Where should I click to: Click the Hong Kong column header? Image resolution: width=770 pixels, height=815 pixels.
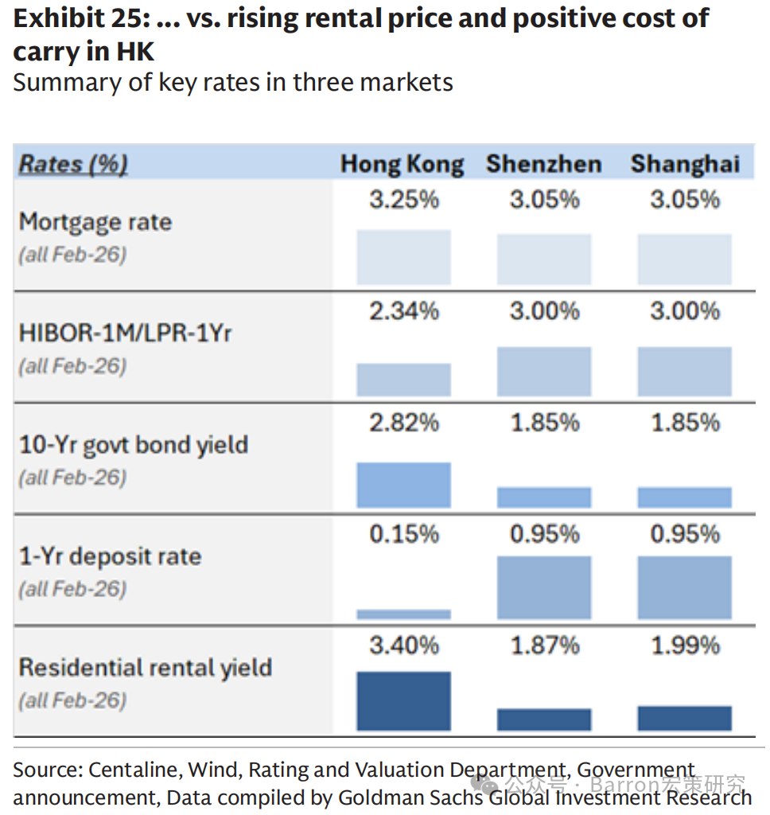pos(402,165)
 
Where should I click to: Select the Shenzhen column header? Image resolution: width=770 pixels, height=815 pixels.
pos(544,164)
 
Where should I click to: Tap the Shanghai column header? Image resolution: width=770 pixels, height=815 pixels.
pos(686,165)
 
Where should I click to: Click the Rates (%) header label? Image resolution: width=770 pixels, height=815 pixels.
pos(73,164)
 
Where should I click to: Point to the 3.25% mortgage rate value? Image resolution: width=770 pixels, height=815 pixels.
pos(404,200)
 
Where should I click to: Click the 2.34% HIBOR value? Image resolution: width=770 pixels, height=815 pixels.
pos(404,311)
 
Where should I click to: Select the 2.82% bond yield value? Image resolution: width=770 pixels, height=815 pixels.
pos(404,423)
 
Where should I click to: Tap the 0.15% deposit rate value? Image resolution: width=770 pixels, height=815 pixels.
pos(404,534)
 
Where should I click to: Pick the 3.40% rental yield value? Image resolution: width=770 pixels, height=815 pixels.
pos(404,645)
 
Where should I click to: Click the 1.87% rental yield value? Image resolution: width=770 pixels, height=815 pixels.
pos(545,645)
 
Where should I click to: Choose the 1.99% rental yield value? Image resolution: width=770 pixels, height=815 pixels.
pos(686,645)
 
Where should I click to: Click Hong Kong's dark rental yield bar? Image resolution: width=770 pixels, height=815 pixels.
pos(404,701)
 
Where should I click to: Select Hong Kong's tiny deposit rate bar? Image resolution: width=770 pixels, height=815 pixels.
pos(404,614)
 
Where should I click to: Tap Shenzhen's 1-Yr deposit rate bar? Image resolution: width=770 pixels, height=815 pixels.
pos(544,587)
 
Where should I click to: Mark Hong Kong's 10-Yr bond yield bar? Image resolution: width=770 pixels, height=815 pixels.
pos(404,485)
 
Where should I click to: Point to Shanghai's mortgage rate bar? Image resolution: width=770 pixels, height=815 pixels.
pos(685,259)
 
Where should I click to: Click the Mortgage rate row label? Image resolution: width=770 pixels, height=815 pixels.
pos(95,223)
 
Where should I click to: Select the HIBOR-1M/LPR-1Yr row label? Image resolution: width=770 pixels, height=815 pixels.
pos(125,333)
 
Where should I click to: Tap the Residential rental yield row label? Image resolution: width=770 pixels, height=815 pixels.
pos(146,668)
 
